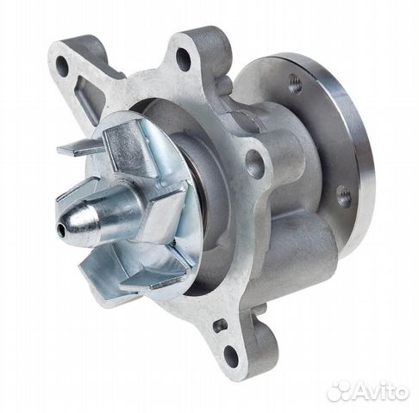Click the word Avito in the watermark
(380, 391)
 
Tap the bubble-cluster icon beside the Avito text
(340, 390)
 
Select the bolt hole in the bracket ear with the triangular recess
(62, 65)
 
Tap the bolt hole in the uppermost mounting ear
(183, 59)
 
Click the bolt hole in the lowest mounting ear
(231, 353)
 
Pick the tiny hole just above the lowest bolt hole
(220, 325)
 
